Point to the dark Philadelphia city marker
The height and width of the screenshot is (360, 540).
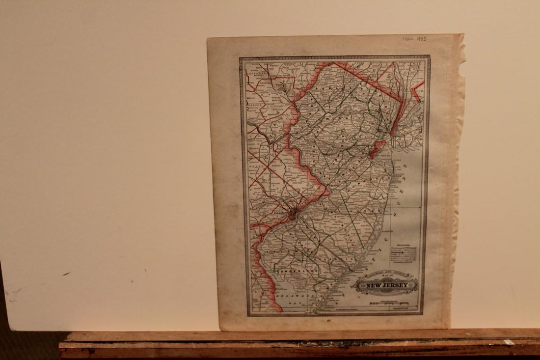293,213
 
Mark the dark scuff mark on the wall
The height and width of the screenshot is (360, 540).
66,274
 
